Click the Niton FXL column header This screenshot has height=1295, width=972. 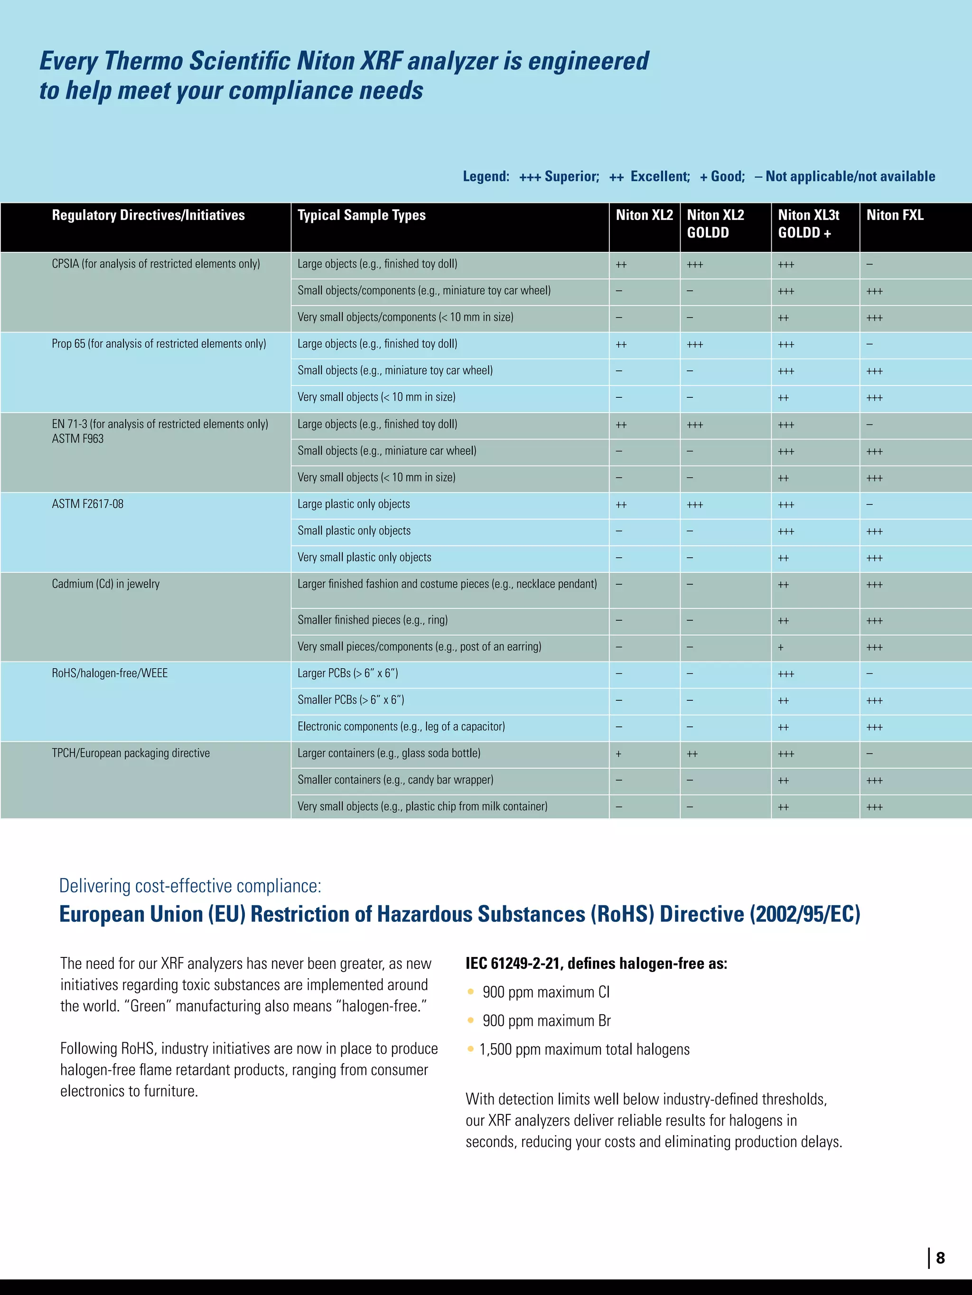(895, 215)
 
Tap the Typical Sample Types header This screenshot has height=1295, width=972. (362, 215)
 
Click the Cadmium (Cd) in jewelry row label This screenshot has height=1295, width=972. (105, 584)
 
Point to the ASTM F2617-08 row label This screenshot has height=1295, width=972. (87, 504)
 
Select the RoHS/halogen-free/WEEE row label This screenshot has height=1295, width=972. (110, 673)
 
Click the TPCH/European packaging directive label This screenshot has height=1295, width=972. (131, 753)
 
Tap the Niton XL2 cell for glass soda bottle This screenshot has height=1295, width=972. (619, 754)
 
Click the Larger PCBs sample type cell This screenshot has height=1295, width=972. (347, 673)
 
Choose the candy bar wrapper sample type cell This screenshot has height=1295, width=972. (395, 780)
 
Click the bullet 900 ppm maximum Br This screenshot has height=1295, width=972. (546, 1021)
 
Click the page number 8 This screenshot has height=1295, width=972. (940, 1258)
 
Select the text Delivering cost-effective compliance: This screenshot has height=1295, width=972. (190, 886)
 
